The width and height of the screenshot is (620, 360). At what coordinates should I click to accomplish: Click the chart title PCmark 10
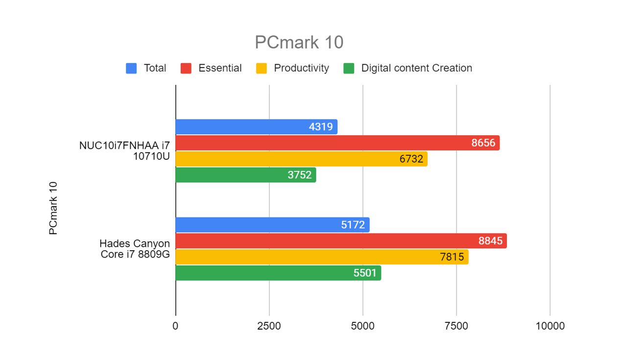299,43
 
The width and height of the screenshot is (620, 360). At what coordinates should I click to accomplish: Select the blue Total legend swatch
131,69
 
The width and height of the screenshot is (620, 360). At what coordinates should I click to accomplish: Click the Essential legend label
220,69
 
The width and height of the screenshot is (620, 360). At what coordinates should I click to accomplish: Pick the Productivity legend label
301,69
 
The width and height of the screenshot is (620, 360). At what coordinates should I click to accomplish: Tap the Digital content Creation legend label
416,69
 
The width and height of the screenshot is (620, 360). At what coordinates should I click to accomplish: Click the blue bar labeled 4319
256,127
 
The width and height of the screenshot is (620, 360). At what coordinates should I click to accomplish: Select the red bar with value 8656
337,143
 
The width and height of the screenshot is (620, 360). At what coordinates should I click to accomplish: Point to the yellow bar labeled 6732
301,159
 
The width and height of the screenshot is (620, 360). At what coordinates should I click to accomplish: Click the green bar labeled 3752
245,175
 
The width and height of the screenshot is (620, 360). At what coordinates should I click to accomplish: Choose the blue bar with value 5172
272,225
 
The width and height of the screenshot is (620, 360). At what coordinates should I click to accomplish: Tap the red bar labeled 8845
341,241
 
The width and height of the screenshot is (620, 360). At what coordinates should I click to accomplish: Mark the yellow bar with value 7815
322,257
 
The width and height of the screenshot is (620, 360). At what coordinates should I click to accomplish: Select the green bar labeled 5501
278,273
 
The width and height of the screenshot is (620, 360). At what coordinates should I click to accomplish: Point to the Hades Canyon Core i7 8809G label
135,249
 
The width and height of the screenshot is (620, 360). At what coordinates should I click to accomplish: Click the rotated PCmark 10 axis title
53,208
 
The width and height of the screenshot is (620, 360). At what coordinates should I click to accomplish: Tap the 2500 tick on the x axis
269,326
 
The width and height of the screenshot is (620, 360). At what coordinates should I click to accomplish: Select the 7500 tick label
456,326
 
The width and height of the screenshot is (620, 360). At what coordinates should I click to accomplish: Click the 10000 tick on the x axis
549,326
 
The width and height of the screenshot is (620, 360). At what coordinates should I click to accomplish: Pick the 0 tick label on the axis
175,326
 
